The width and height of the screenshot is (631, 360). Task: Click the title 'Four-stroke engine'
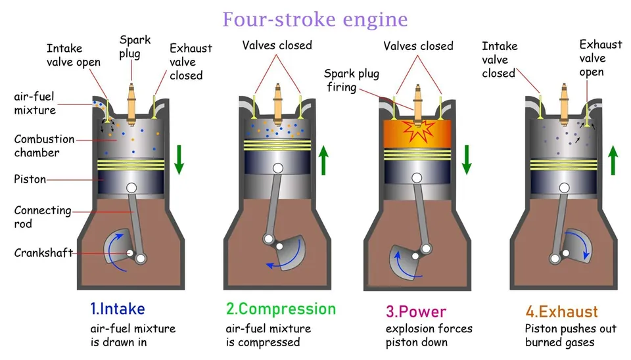pos(315,19)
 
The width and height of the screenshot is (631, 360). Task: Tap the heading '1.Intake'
pos(118,309)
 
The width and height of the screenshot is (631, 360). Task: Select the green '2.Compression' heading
pos(281,309)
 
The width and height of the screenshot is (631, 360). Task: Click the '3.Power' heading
pos(416,312)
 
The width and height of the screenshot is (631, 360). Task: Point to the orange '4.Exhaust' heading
pos(562,312)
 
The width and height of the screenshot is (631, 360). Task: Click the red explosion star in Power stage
pos(419,131)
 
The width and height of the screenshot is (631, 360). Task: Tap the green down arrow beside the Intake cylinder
pos(179,160)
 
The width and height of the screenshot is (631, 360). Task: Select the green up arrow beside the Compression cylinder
pos(323,160)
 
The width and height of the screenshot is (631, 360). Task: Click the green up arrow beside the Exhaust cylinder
pos(613,160)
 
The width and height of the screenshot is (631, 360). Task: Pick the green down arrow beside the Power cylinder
pos(467,160)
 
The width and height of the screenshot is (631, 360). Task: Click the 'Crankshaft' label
pos(43,253)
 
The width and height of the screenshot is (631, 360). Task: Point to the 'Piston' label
pos(30,179)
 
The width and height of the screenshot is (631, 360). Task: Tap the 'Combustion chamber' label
pos(44,146)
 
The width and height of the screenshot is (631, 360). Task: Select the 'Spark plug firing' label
pos(352,80)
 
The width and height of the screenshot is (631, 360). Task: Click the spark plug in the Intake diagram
pos(131,104)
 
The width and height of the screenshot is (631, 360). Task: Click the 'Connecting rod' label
pos(43,217)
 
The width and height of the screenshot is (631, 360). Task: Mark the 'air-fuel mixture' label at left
pos(35,103)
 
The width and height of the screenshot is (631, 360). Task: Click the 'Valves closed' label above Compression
pos(277,45)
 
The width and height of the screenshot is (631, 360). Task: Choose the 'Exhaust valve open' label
pos(601,58)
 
